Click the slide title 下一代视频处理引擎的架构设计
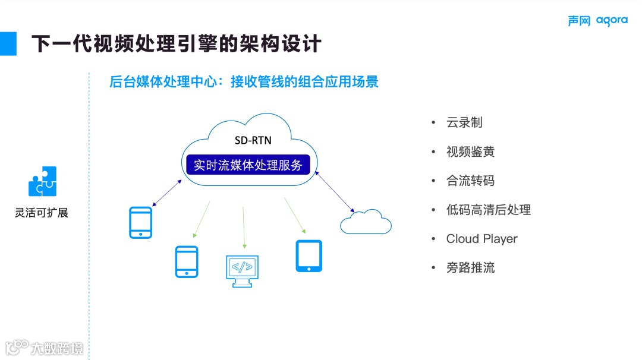click(x=176, y=43)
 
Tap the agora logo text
click(x=611, y=21)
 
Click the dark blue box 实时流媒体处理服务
click(x=248, y=165)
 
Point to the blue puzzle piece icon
click(x=42, y=181)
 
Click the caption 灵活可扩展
click(x=42, y=213)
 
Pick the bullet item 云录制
click(x=464, y=123)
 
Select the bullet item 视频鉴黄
click(x=470, y=152)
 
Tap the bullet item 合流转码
click(x=470, y=181)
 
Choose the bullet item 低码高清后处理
click(x=488, y=210)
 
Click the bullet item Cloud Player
click(x=481, y=239)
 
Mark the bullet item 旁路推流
click(x=470, y=268)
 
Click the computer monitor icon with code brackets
click(x=242, y=271)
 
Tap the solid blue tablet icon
click(x=309, y=256)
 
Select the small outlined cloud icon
click(x=366, y=222)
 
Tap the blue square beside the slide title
click(x=8, y=43)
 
